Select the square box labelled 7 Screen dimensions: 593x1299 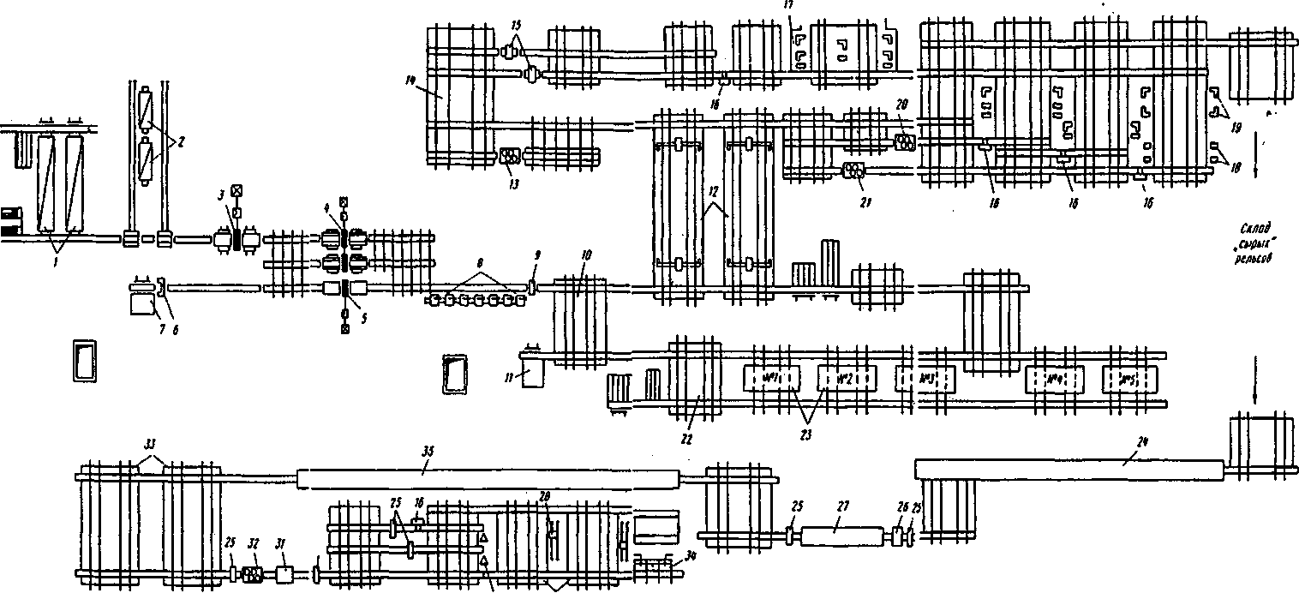click(141, 302)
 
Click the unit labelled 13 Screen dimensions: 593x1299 click(509, 157)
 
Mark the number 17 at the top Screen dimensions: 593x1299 click(787, 4)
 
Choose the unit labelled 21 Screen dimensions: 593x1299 click(853, 171)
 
